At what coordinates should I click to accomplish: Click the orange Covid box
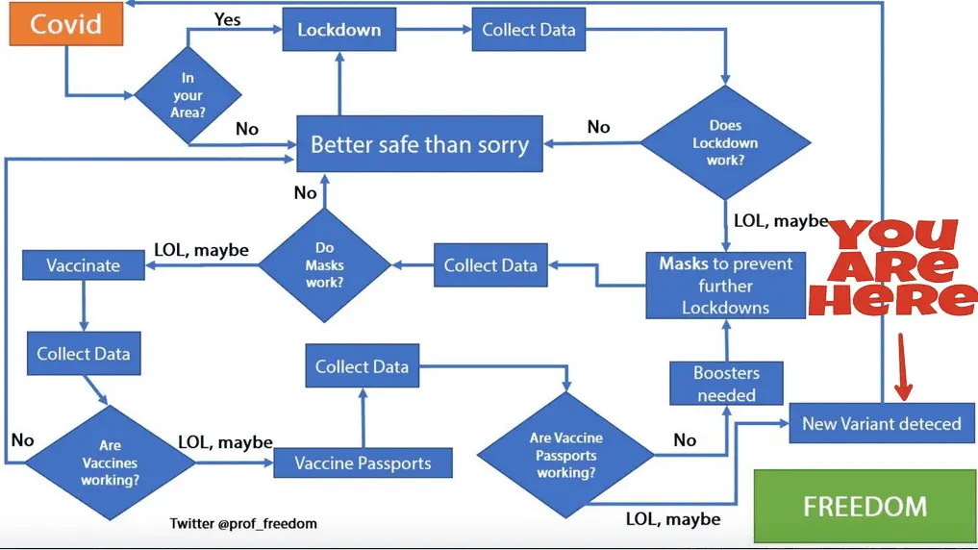[66, 24]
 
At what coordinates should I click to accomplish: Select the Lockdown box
[339, 29]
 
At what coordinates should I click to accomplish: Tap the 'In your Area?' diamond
[188, 95]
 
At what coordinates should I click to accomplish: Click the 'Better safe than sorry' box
[420, 144]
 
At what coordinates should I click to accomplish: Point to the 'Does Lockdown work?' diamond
[725, 142]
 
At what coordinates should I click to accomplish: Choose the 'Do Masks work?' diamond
[324, 265]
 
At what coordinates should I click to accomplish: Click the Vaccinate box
[84, 265]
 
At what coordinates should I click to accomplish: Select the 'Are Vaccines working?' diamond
[110, 462]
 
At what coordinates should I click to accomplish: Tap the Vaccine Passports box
[363, 463]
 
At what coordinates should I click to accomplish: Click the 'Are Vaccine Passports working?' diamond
[565, 455]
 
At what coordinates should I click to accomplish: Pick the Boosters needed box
[726, 384]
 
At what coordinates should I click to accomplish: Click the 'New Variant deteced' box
[882, 423]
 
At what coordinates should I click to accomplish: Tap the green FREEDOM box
[865, 507]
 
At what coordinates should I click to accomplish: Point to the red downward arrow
[903, 366]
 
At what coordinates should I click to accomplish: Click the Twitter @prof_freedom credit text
[243, 523]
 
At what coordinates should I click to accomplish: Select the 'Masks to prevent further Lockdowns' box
[725, 286]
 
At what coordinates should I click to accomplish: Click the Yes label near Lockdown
[228, 20]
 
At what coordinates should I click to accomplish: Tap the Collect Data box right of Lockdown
[529, 29]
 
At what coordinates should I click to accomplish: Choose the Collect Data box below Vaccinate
[84, 354]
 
